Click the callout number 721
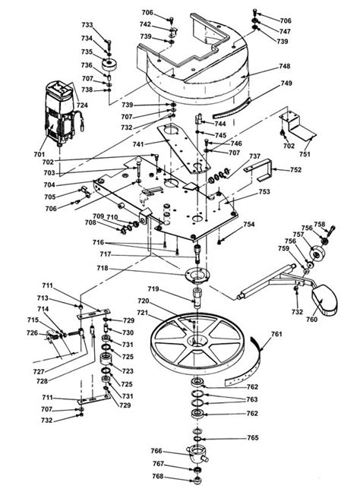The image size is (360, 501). [x=142, y=313]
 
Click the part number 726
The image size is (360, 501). [x=31, y=333]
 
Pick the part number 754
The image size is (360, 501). [x=249, y=225]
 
